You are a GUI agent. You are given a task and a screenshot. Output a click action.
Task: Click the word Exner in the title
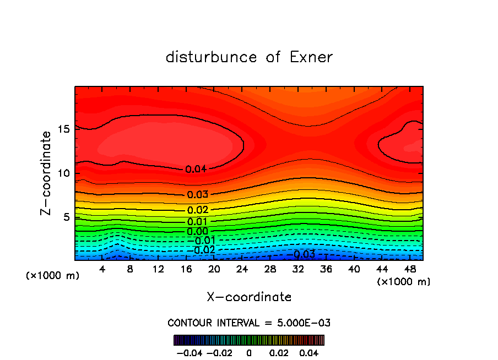(311, 57)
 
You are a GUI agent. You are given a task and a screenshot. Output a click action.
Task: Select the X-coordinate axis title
(249, 297)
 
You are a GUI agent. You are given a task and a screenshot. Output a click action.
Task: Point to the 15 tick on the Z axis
(64, 129)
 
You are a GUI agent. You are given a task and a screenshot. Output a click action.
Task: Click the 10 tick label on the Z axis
(64, 173)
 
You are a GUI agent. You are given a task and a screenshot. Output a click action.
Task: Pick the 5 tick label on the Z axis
(67, 217)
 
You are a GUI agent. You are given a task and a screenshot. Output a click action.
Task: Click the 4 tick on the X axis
(102, 269)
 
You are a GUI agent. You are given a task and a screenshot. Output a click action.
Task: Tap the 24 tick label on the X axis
(242, 269)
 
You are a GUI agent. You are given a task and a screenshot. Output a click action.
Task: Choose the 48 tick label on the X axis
(409, 269)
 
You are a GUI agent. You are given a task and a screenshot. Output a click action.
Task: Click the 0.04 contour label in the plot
(196, 169)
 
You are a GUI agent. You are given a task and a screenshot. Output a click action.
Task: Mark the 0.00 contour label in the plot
(197, 231)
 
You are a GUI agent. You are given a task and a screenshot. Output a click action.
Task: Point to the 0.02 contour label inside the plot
(197, 210)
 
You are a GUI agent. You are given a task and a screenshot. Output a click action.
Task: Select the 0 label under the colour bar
(249, 352)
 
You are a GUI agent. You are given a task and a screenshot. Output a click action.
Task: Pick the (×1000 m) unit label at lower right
(404, 282)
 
